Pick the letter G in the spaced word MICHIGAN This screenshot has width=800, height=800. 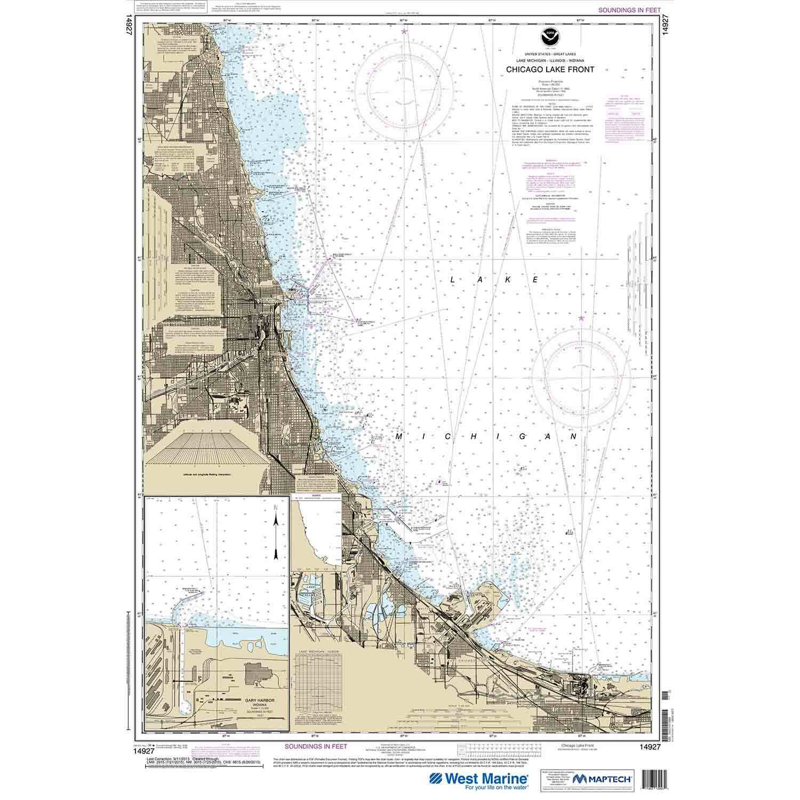click(513, 437)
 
